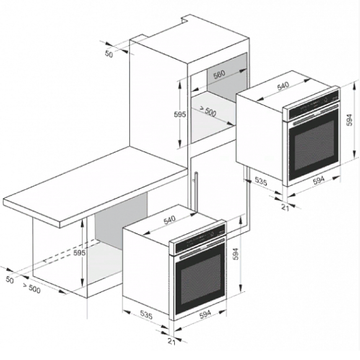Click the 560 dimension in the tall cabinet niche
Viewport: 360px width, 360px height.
[219, 74]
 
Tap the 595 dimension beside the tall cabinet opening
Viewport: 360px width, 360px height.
[180, 114]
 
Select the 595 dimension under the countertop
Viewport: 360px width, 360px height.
[79, 253]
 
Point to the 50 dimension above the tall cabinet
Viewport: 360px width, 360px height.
[109, 54]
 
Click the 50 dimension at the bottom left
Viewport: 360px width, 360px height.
[9, 280]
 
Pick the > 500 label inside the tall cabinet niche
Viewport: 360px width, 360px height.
[207, 111]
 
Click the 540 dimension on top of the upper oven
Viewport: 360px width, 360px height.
[283, 86]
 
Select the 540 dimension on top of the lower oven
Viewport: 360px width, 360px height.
[169, 220]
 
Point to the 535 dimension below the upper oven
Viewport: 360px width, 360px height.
[261, 182]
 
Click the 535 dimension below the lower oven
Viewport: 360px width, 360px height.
[146, 315]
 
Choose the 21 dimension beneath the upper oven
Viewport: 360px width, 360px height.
[285, 207]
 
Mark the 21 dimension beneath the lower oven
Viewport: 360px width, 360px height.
[171, 342]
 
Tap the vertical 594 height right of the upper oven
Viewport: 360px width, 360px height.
[349, 120]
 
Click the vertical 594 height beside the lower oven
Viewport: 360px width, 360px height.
[235, 254]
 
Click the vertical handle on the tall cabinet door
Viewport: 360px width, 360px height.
[196, 191]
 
